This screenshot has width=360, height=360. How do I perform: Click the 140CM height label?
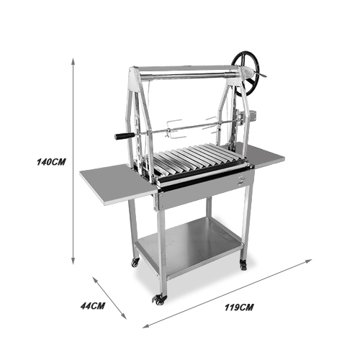point(51,162)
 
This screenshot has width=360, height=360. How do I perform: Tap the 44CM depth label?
point(93,306)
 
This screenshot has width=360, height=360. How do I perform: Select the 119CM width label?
point(239,307)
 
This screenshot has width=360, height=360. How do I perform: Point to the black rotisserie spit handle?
point(125,136)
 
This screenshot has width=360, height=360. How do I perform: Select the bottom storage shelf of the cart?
point(189,247)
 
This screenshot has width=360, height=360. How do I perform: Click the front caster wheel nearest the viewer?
point(159,300)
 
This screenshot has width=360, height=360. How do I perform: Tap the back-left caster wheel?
point(135,263)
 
